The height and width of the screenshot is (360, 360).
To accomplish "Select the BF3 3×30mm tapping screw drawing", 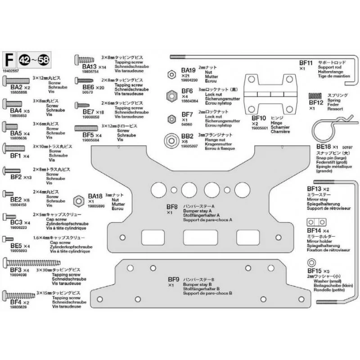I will [31, 262].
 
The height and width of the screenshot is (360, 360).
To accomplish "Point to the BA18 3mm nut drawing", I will [77, 199].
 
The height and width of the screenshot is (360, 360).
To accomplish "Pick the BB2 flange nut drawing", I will [171, 139].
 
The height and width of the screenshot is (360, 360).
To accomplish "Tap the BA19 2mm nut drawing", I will [170, 73].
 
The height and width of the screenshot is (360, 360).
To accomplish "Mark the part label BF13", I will [314, 189].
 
